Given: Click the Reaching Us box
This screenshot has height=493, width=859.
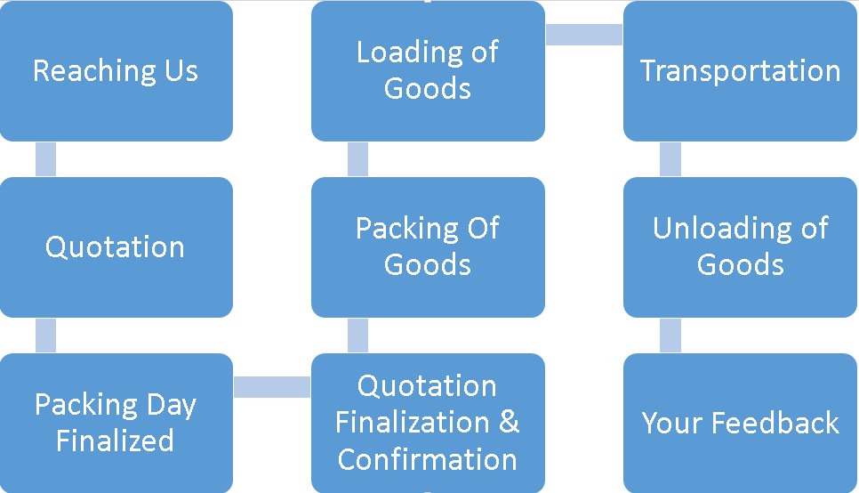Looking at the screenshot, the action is [x=116, y=70].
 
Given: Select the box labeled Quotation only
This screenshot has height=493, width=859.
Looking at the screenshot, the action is [x=116, y=247].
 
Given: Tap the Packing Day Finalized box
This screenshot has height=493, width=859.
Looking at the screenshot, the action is [x=116, y=423].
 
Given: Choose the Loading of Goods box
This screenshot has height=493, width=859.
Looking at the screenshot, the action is [x=428, y=70].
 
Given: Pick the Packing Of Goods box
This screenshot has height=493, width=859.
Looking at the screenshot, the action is [x=428, y=247].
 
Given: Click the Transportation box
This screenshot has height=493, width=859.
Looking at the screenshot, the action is [x=740, y=70].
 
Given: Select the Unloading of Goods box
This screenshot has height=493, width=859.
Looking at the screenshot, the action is [x=740, y=247].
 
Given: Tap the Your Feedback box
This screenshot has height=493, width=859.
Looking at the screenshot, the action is [x=740, y=423].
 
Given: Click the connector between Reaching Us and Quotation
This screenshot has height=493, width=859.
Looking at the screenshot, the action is [x=45, y=159].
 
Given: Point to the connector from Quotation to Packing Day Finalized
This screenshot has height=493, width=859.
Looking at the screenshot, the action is [x=45, y=335].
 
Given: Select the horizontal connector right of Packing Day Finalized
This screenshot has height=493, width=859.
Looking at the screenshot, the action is [x=272, y=386].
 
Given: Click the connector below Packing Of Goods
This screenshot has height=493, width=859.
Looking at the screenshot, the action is [x=357, y=335].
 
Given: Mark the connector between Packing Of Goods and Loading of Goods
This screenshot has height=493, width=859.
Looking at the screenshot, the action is [x=357, y=159].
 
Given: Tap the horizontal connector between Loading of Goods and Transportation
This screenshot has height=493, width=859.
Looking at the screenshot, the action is [x=584, y=35].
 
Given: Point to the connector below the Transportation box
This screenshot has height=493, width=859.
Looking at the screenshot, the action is [x=670, y=159].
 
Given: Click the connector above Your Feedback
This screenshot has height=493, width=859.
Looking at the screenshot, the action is [x=670, y=335].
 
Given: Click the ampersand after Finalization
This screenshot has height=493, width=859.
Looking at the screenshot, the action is [x=509, y=422].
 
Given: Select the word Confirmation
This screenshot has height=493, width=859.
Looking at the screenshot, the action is [x=428, y=459].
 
